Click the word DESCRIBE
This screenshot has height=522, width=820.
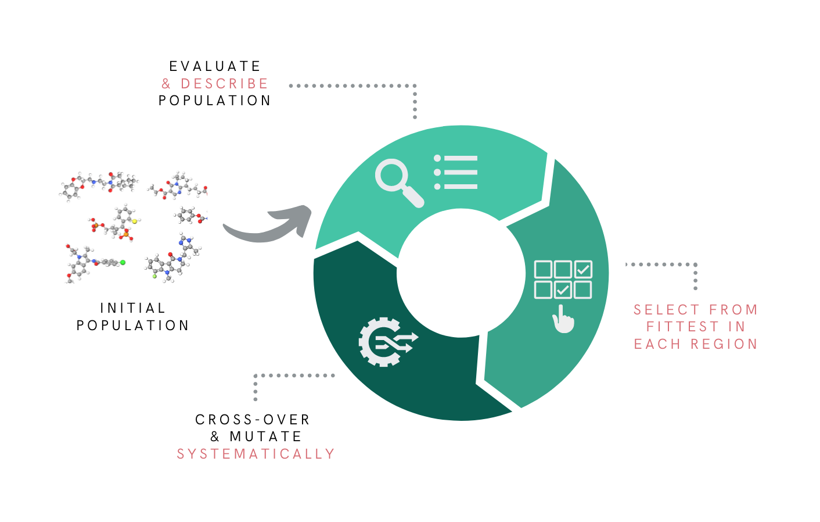pos(224,84)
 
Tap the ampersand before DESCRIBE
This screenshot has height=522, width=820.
pos(166,84)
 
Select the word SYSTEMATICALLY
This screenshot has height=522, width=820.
pos(256,453)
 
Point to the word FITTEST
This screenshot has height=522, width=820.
pos(682,327)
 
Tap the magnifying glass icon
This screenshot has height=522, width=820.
pos(398,181)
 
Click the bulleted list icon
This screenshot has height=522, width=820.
pos(456,172)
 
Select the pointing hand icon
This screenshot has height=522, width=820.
pos(563,319)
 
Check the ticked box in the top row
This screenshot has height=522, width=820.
pos(583,270)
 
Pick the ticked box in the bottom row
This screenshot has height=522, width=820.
pos(563,289)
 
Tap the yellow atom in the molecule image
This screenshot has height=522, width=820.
pos(134,221)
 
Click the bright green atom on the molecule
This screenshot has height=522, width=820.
pos(123,263)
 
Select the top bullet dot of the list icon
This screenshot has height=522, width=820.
pos(437,158)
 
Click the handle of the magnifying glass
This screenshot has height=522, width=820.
pos(413,196)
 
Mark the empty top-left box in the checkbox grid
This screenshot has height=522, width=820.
pos(543,270)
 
